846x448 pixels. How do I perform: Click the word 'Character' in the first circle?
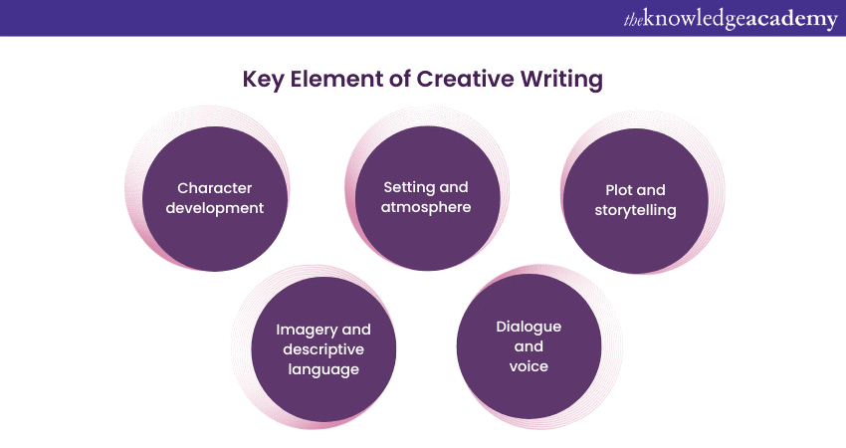pyautogui.click(x=215, y=187)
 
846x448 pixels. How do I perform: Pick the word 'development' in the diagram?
pyautogui.click(x=215, y=208)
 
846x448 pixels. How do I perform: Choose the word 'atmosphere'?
pyautogui.click(x=426, y=207)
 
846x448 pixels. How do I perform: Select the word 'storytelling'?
pyautogui.click(x=635, y=210)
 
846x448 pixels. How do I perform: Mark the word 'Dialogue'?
pyautogui.click(x=529, y=327)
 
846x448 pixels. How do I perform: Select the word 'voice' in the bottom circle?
pyautogui.click(x=529, y=366)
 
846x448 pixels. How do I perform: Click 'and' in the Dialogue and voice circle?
pyautogui.click(x=529, y=346)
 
